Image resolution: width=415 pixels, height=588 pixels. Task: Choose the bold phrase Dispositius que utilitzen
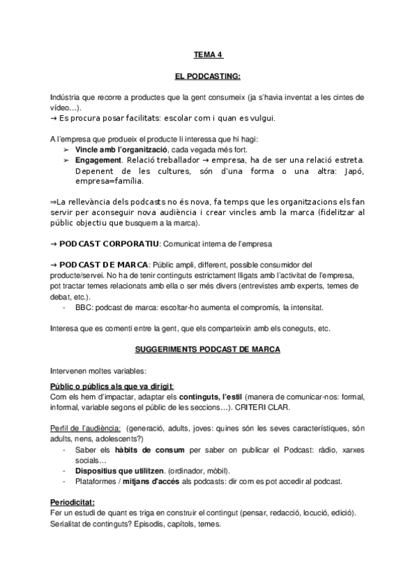tap(123, 469)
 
